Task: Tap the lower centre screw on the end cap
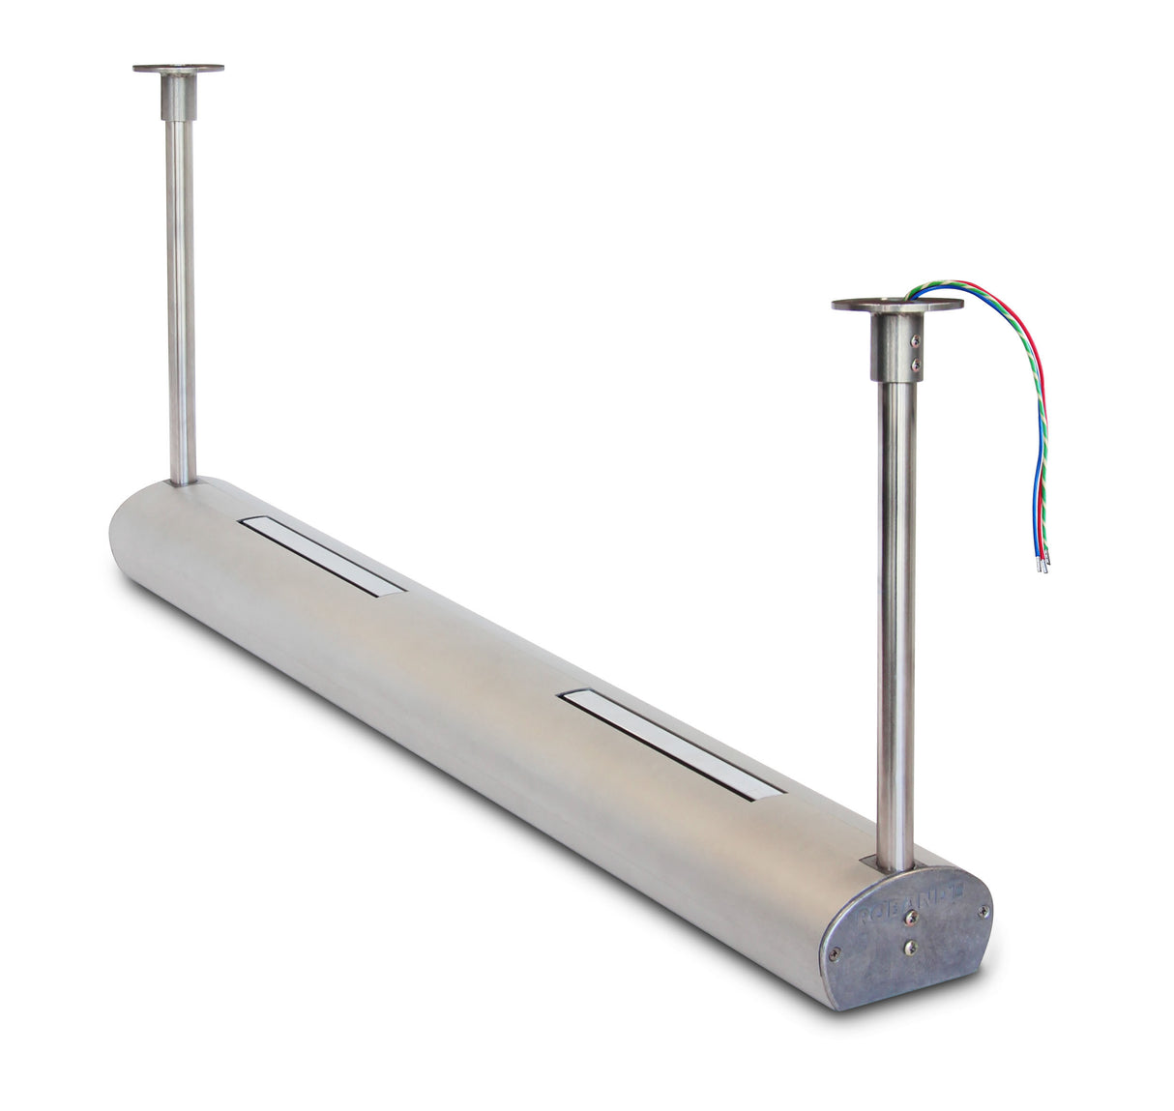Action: click(910, 949)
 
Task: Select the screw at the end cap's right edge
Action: click(983, 910)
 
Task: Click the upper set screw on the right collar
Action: click(917, 339)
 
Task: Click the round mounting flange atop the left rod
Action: click(178, 69)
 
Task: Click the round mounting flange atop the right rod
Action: click(896, 305)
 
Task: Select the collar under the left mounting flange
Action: click(178, 97)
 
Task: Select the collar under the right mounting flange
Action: click(896, 346)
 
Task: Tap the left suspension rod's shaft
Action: click(181, 290)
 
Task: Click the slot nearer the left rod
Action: click(323, 555)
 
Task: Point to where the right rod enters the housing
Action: click(895, 863)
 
